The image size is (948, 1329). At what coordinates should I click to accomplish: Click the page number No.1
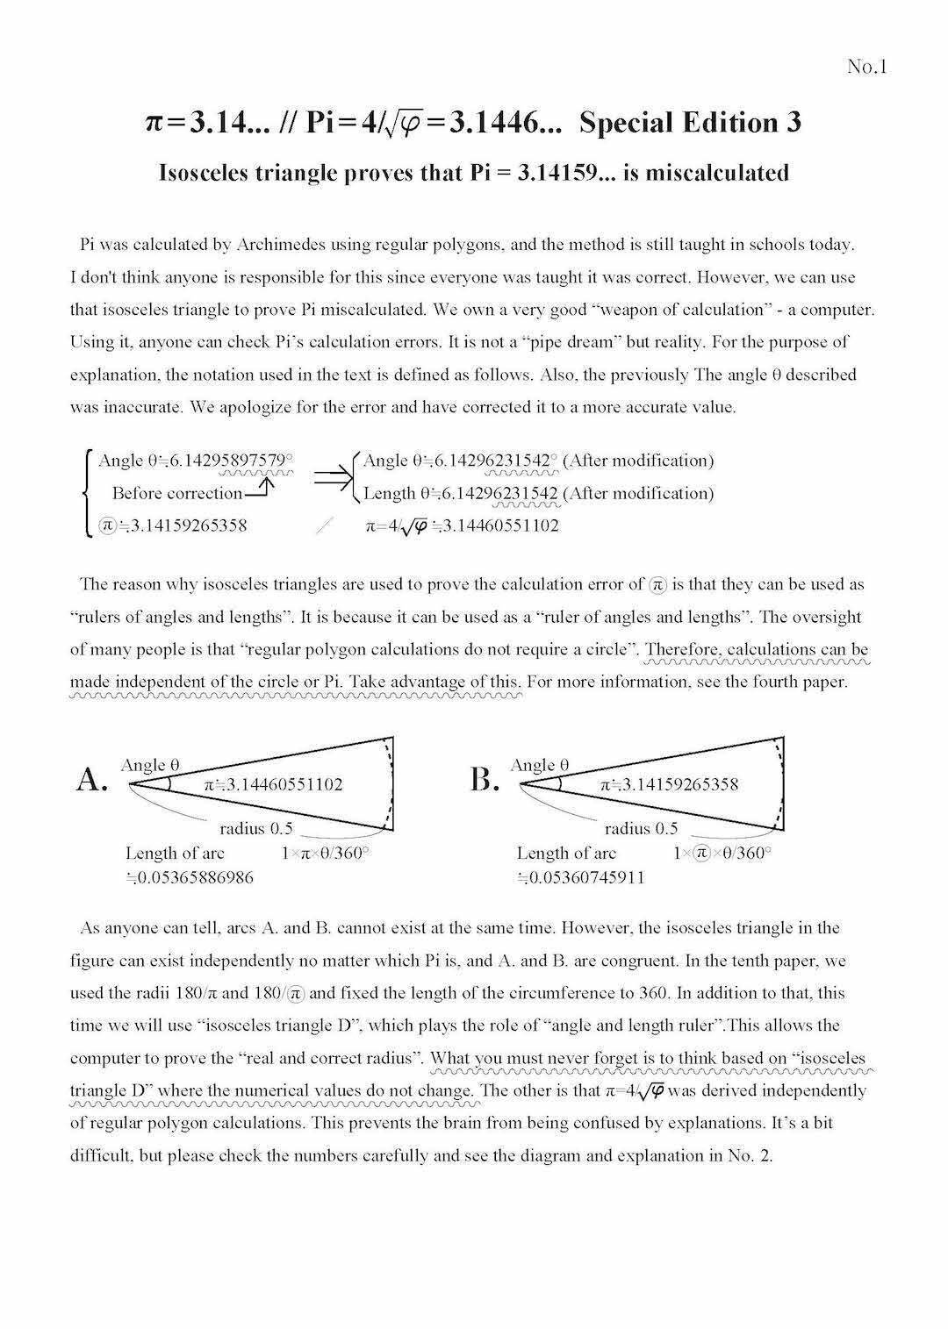tap(867, 67)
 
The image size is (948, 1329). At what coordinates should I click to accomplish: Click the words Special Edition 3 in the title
tap(690, 122)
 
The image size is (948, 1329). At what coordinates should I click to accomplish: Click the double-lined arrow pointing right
tap(333, 476)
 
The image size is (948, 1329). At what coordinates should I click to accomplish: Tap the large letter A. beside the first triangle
tap(92, 778)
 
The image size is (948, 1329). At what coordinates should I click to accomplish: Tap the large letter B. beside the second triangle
tap(484, 778)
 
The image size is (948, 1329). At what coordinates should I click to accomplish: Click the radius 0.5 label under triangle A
tap(256, 827)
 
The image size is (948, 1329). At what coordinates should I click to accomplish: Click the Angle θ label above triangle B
tap(539, 765)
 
